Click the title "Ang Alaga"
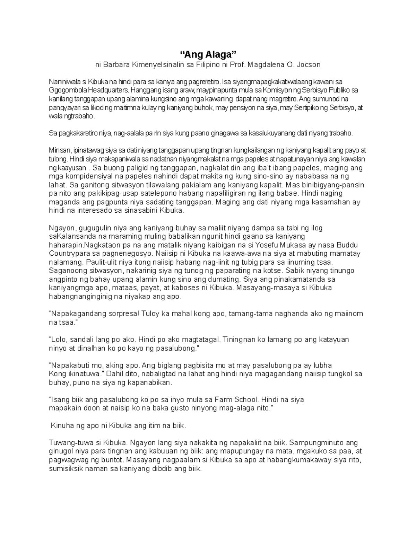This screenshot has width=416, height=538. pyautogui.click(x=208, y=54)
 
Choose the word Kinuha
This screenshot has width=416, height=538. pyautogui.click(x=62, y=425)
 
